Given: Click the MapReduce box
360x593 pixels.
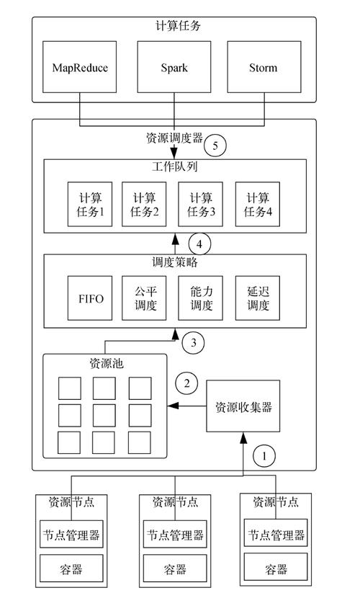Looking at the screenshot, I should coord(80,68).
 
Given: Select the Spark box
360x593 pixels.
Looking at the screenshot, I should coord(174,68).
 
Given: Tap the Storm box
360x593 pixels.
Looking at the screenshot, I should coord(262,68).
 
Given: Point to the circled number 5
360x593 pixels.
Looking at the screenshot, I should coord(215,146).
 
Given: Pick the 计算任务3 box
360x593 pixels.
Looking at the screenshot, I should coord(200,204).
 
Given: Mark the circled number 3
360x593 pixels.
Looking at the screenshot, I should coord(194,343).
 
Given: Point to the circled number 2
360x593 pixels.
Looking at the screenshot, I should coord(187,383).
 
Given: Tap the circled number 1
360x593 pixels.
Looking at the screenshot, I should coord(265,456).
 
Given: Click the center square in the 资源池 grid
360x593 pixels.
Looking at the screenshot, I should coord(104,414).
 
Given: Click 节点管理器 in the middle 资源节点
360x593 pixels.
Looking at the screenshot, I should coord(174,535).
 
